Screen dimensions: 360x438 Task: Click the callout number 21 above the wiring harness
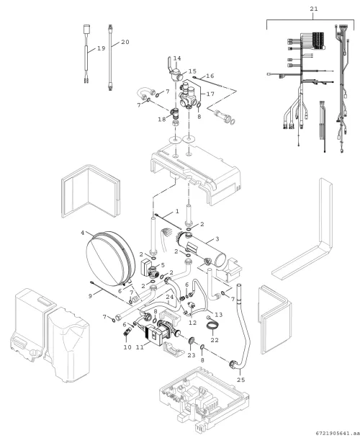[314, 9]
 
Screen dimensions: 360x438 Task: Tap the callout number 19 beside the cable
[101, 48]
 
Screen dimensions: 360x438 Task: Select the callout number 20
[125, 42]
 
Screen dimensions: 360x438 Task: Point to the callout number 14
[177, 58]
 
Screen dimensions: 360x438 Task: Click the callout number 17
[210, 94]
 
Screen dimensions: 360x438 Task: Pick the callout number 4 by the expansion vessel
[83, 233]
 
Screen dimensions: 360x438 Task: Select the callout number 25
[241, 380]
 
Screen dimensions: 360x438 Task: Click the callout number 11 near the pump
[140, 347]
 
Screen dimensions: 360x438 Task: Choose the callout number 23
[192, 355]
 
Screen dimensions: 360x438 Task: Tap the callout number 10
[127, 347]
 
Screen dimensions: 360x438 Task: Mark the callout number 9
[90, 296]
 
